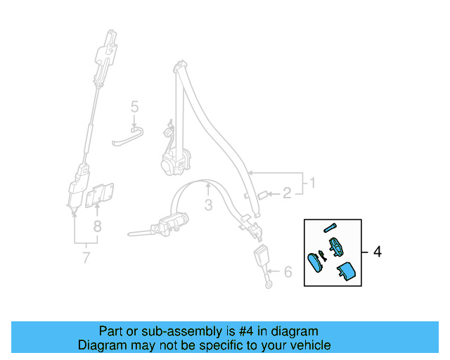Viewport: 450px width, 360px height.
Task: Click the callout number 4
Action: point(378,252)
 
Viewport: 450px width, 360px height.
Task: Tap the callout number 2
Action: point(286,192)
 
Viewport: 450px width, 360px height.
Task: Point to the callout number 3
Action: point(208,205)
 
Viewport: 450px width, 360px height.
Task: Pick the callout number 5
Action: point(134,107)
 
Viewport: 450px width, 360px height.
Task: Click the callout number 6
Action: point(287,271)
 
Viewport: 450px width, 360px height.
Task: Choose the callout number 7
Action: point(86,257)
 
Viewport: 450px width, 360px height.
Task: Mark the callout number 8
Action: point(98,226)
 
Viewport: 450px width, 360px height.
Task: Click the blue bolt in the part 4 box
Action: point(331,227)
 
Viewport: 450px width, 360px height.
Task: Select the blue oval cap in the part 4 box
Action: point(315,263)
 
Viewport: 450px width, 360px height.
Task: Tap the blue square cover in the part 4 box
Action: point(345,271)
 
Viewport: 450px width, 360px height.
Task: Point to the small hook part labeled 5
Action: point(127,139)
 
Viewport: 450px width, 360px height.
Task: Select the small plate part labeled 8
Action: point(101,195)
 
